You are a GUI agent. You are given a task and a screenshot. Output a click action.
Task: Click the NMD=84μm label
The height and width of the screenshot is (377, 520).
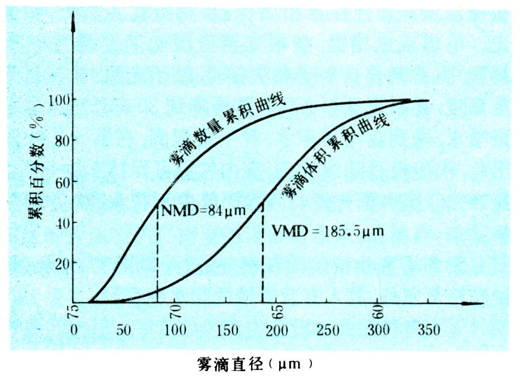click(x=195, y=210)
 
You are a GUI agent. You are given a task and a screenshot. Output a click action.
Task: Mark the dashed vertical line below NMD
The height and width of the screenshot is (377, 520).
click(x=157, y=257)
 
